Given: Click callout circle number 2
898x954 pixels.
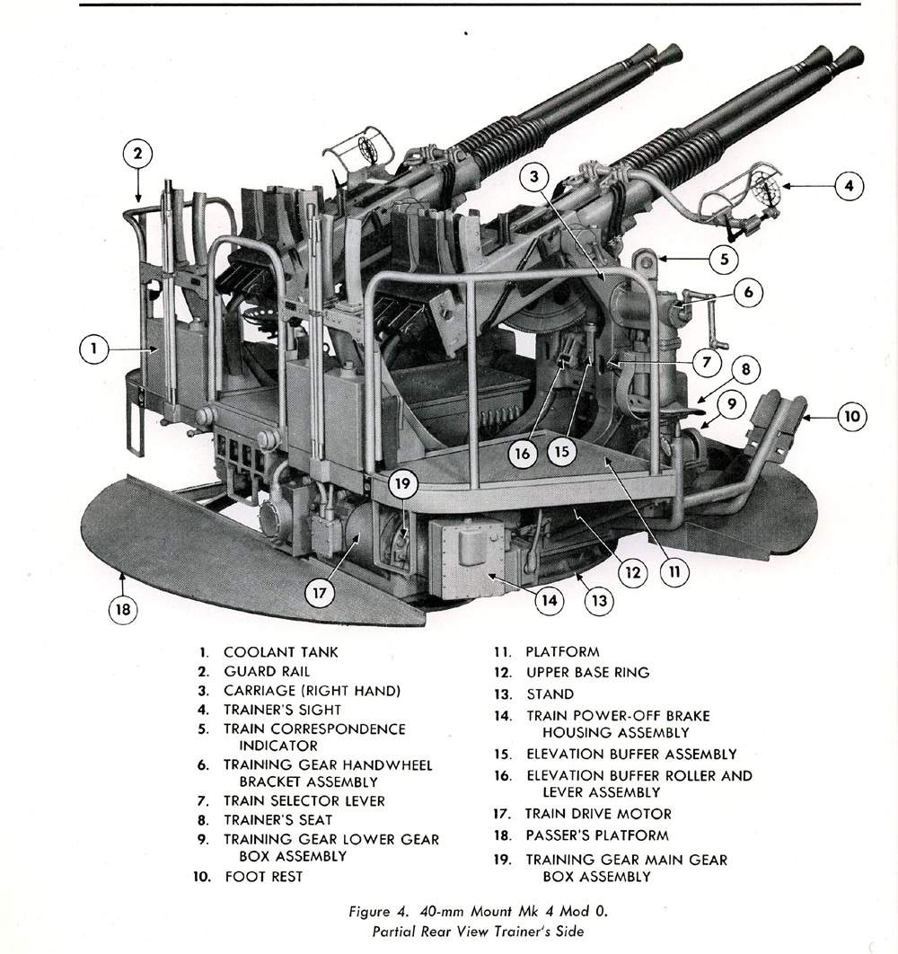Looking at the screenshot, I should pos(137,153).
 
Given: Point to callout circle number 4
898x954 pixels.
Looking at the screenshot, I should pos(848,187).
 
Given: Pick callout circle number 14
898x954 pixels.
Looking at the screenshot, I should pos(550,600).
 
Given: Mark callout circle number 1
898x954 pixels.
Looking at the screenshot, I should pos(92,349).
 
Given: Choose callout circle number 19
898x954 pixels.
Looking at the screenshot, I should pos(403,485).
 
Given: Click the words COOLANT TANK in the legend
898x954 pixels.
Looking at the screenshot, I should pos(280,652).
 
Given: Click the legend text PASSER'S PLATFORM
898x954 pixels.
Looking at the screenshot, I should pos(596,835).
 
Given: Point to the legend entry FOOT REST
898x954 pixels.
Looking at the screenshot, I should pos(263,876).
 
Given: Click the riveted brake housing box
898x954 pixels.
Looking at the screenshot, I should pos(469,557).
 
